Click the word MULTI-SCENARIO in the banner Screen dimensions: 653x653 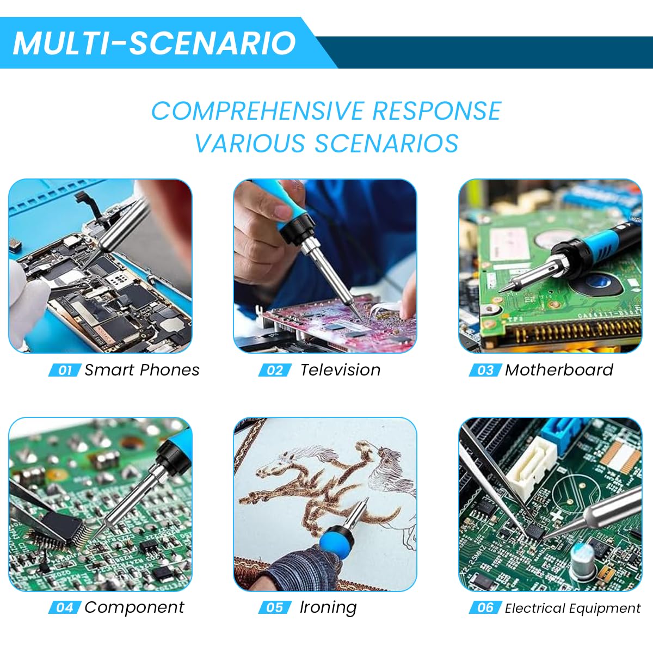click(x=154, y=43)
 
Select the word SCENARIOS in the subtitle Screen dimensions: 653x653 click(x=386, y=144)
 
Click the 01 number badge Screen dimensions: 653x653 click(x=65, y=371)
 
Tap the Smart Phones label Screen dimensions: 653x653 click(x=142, y=370)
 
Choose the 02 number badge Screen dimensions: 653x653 click(x=275, y=371)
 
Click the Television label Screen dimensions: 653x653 click(x=340, y=370)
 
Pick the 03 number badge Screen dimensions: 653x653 click(x=485, y=371)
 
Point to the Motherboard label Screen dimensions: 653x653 click(x=559, y=370)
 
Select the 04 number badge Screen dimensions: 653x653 click(x=65, y=608)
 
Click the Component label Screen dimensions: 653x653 click(x=134, y=607)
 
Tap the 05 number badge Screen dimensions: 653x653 click(x=275, y=608)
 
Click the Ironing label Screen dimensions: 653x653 click(x=328, y=607)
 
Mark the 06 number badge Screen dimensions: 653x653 click(x=485, y=608)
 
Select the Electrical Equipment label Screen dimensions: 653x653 click(x=572, y=608)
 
